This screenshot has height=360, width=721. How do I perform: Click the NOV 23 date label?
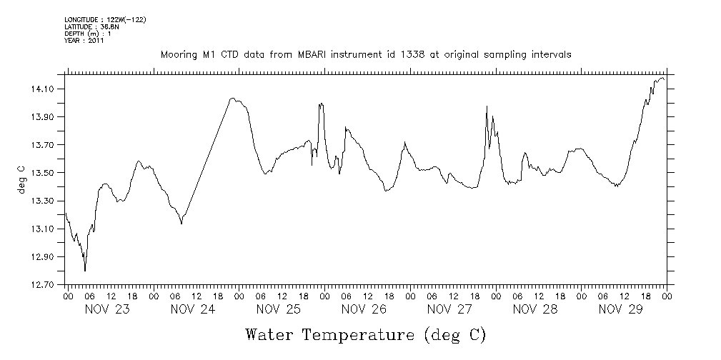[108, 309]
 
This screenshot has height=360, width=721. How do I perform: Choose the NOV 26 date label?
[364, 309]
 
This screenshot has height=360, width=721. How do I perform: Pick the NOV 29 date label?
[620, 309]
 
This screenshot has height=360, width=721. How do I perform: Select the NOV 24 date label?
[193, 309]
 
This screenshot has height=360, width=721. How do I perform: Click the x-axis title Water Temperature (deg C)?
[366, 334]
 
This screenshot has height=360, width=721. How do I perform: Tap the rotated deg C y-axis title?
[21, 179]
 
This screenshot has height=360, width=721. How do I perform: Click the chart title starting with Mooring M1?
[365, 54]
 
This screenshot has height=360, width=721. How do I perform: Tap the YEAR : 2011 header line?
[84, 41]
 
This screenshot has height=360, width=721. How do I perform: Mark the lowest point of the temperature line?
[85, 271]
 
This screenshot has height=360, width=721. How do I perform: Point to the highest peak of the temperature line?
[662, 78]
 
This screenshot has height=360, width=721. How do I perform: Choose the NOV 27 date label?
[449, 309]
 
